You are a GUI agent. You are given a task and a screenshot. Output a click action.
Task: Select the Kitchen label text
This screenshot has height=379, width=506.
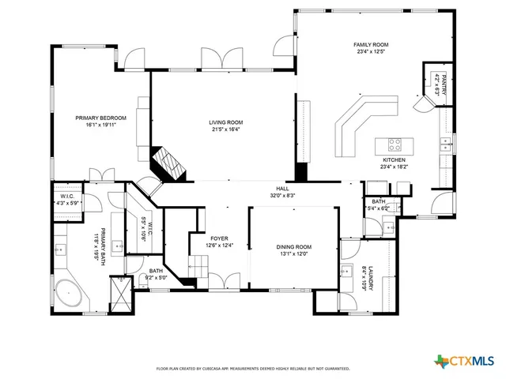393,159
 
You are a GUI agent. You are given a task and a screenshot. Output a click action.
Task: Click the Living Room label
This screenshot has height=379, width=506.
225,122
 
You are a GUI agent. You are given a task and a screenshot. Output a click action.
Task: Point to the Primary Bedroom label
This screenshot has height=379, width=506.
101,118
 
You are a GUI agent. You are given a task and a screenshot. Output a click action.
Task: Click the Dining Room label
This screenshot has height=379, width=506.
294,246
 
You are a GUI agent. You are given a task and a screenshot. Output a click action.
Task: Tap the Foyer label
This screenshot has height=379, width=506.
218,238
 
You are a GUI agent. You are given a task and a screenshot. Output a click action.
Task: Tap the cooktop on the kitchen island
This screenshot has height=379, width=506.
394,144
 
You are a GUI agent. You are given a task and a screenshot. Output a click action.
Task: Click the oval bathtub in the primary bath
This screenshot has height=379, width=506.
70,292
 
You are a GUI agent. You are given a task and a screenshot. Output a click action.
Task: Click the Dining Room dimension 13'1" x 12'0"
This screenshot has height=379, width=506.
294,253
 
